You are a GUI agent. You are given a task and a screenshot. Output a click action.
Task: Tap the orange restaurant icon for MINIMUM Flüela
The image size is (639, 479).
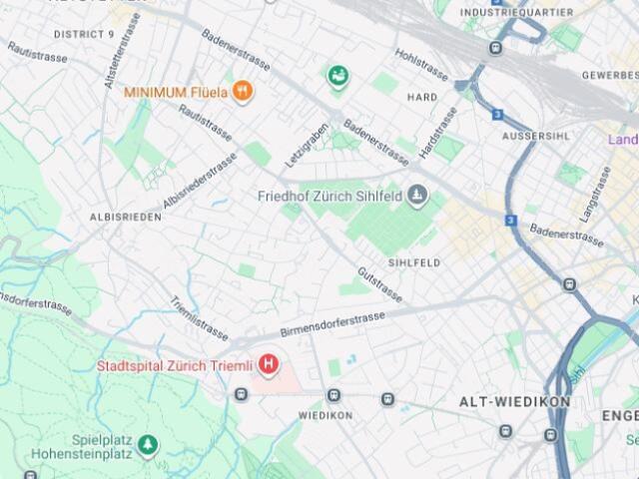tap(242, 92)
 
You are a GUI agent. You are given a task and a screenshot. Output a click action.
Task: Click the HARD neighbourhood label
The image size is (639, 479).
tap(422, 97)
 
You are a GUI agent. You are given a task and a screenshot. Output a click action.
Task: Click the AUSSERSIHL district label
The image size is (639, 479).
tap(539, 135)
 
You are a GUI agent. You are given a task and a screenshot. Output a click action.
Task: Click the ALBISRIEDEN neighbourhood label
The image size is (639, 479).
tap(126, 217)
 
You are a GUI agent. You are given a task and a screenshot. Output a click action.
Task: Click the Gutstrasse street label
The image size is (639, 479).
tap(380, 284)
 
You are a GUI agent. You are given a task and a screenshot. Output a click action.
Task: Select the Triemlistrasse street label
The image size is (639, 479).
tap(199, 317)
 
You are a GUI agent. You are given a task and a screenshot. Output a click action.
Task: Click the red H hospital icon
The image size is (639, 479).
tap(269, 365)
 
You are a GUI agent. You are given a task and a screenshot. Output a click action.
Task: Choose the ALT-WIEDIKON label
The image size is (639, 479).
tap(514, 401)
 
